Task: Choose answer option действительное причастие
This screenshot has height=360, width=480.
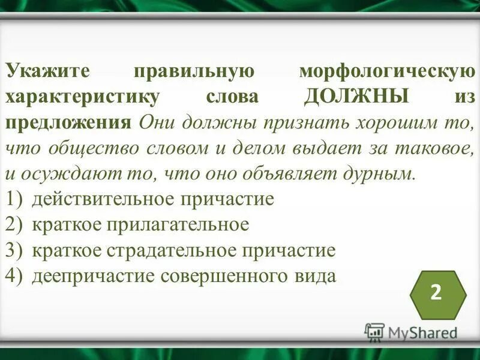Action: tap(153, 199)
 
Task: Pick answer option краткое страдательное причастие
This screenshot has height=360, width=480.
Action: tap(184, 250)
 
